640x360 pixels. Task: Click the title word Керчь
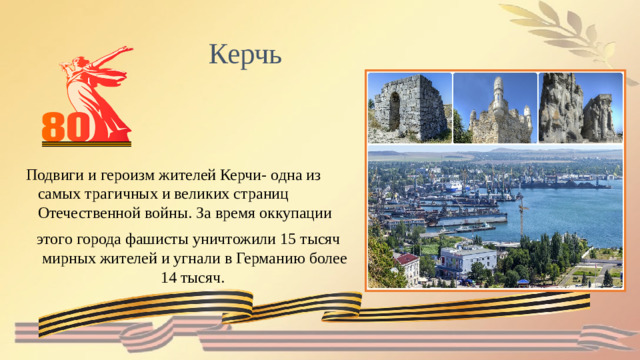tap(246, 52)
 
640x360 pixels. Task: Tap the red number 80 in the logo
tap(67, 125)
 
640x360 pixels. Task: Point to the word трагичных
tap(116, 194)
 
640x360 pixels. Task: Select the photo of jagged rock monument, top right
tap(579, 107)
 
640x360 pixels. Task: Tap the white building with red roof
tap(407, 266)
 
